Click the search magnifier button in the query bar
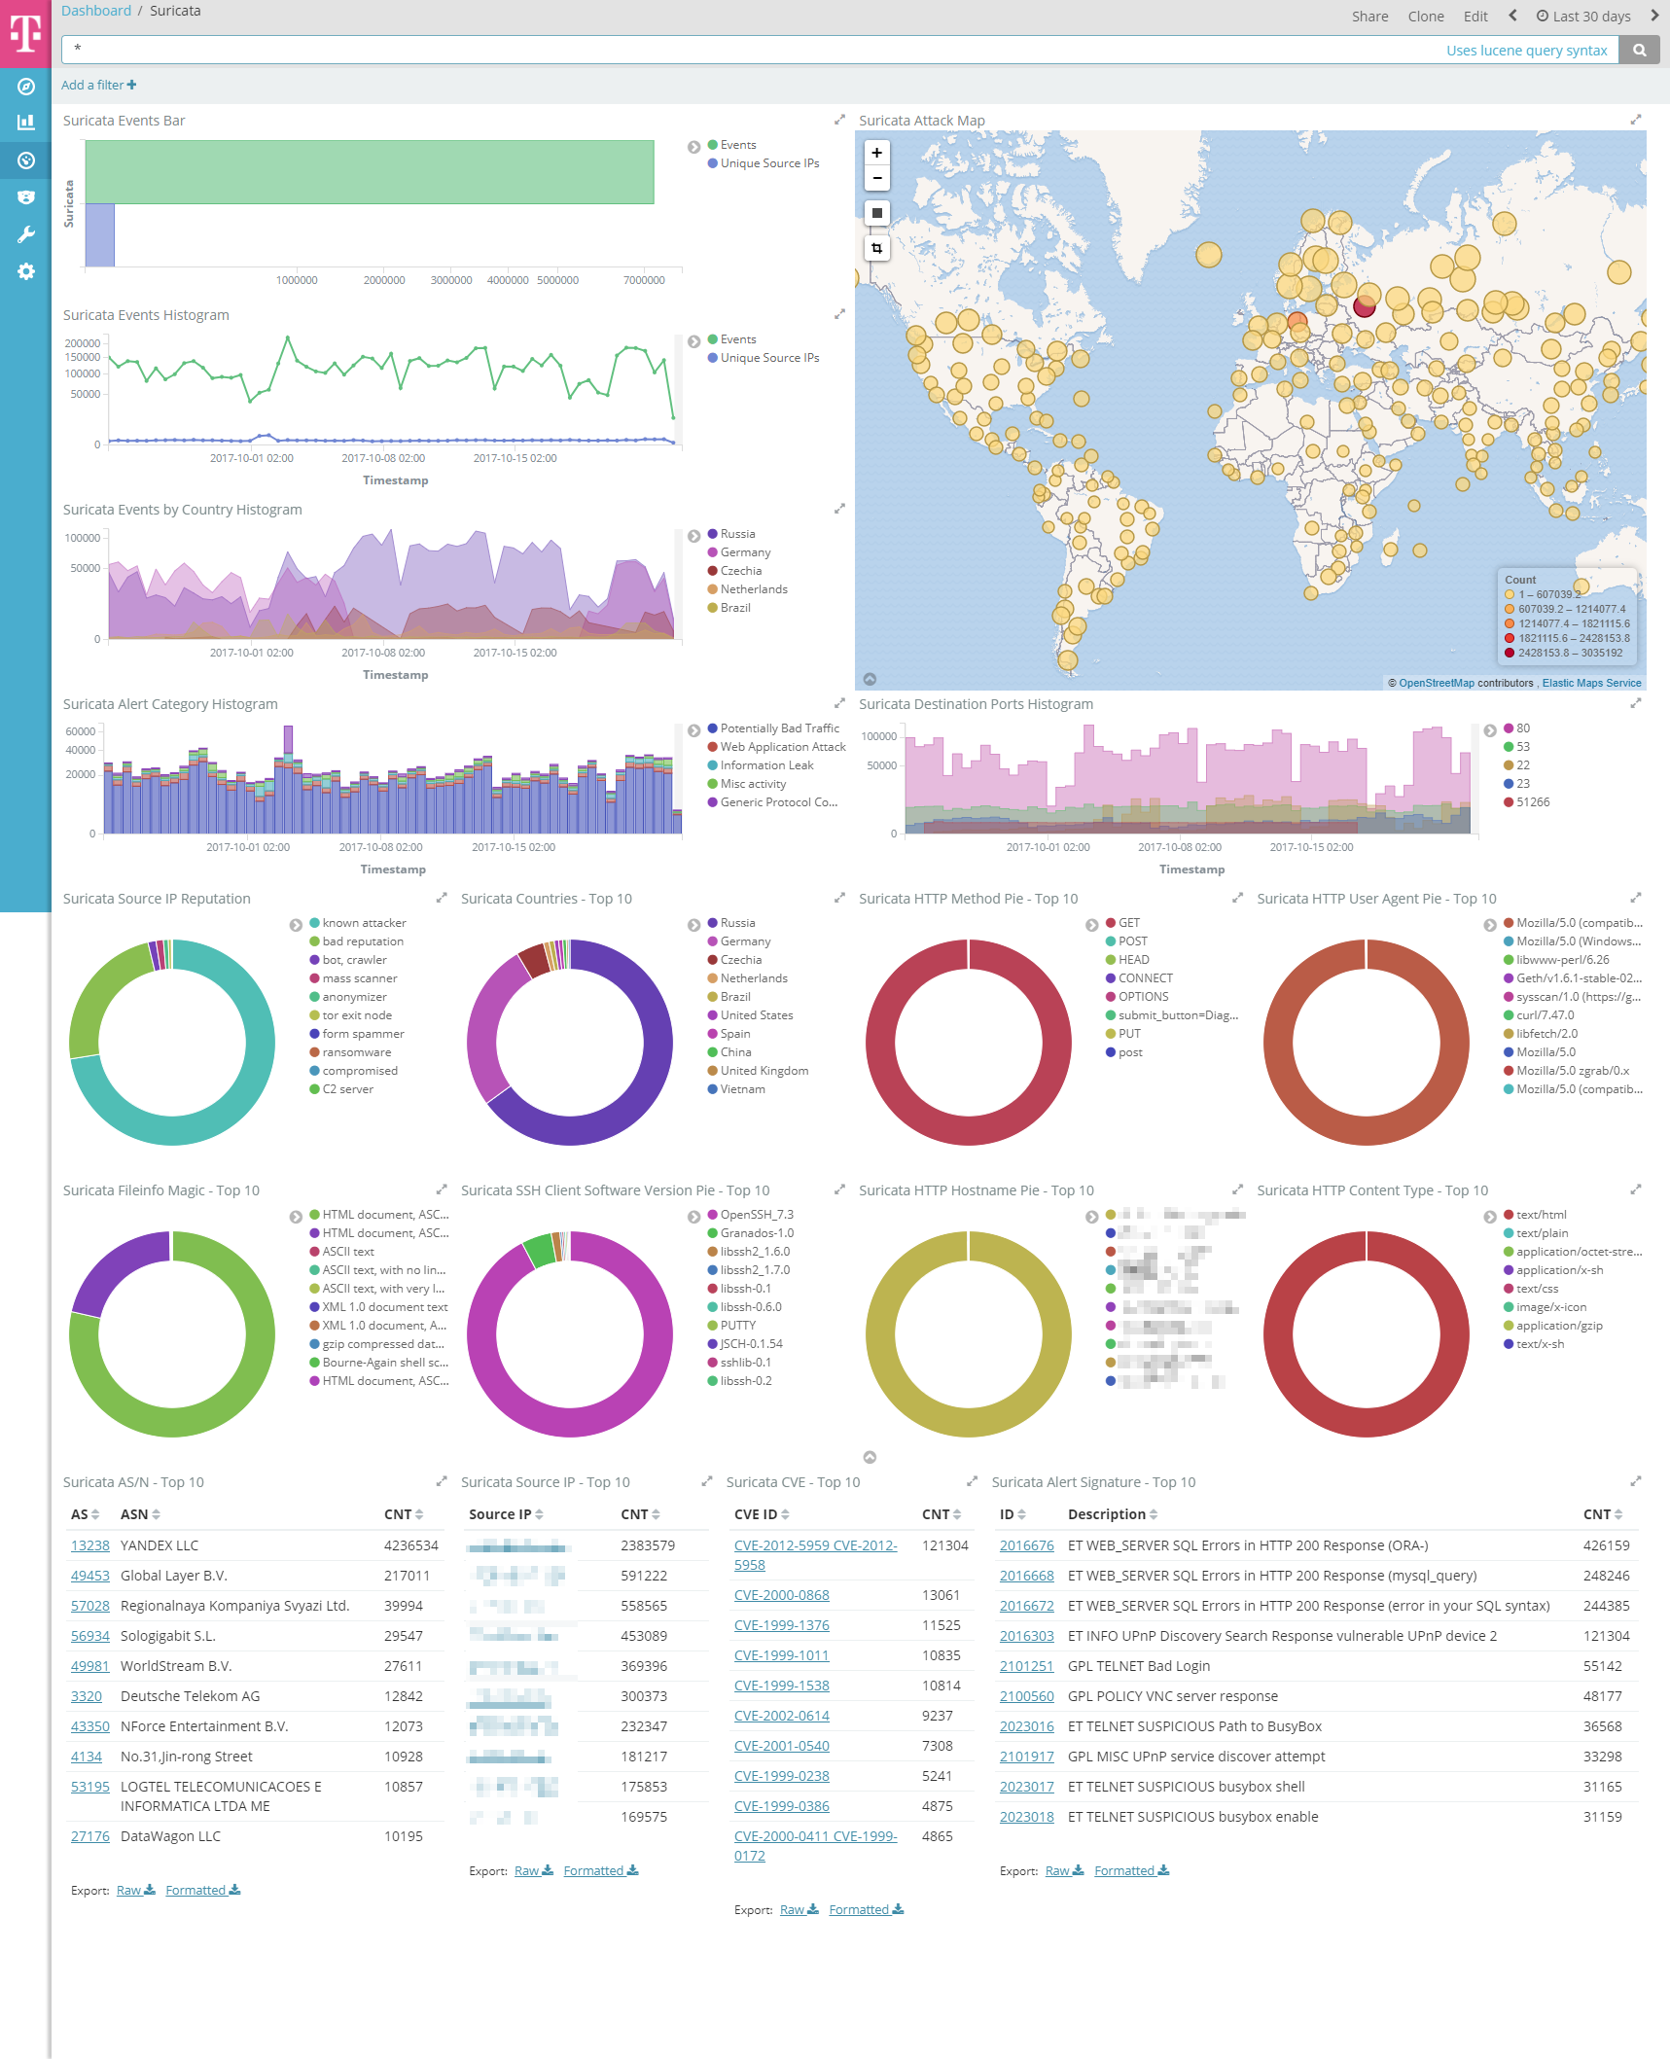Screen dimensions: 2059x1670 coord(1639,51)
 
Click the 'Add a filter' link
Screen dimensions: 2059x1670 coord(98,86)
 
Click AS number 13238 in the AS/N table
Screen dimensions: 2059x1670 coord(89,1545)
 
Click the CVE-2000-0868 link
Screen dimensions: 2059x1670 coord(781,1595)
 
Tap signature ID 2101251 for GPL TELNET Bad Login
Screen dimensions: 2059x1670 coord(1026,1666)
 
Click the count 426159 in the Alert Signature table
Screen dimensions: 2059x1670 coord(1606,1545)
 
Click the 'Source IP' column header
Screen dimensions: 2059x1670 coord(500,1514)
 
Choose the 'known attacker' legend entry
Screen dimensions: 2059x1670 coord(364,923)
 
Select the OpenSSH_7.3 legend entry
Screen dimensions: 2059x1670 coord(756,1215)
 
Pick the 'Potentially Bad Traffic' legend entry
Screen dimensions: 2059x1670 coord(779,728)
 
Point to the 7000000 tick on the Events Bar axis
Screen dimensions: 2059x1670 coord(644,280)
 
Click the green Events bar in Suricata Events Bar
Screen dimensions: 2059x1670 coord(370,172)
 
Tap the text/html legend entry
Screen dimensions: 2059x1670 coord(1541,1215)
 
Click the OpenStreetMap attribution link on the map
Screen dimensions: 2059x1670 coord(1436,683)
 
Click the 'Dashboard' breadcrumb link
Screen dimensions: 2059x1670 coord(95,11)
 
